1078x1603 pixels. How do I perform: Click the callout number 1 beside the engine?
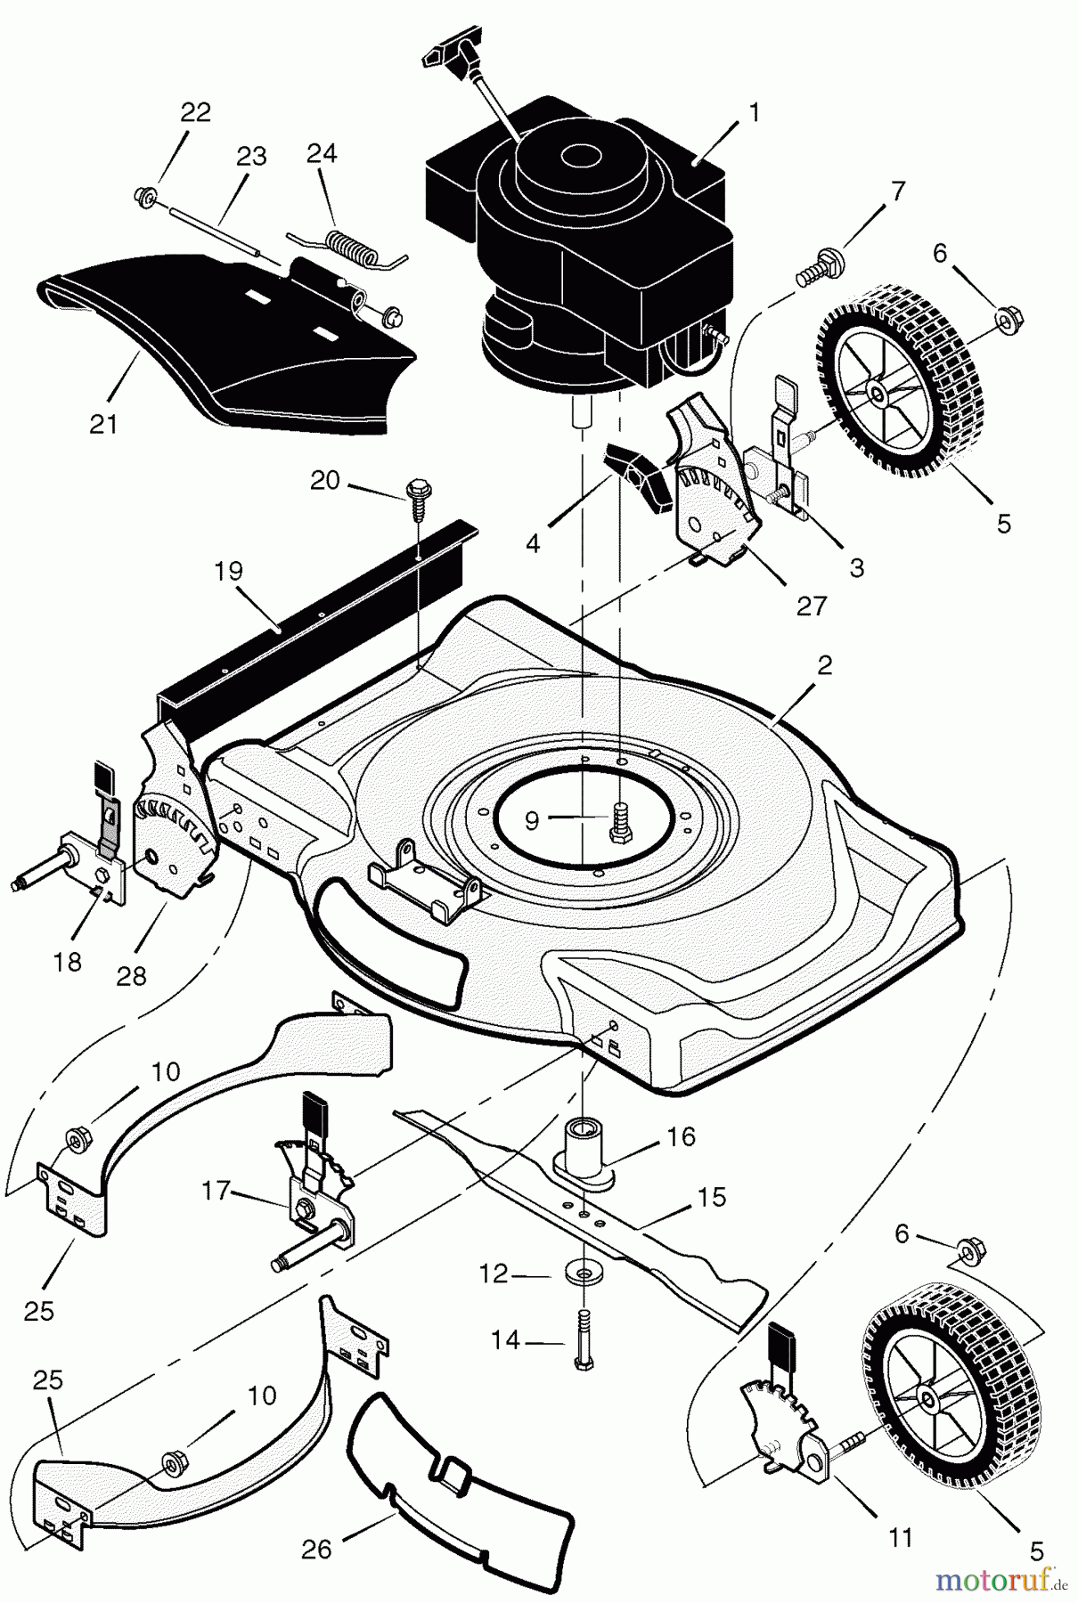click(x=754, y=113)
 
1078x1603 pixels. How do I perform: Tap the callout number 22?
click(x=196, y=112)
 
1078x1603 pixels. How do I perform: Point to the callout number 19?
click(x=229, y=571)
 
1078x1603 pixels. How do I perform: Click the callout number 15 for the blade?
click(x=713, y=1197)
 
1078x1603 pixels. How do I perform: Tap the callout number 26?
click(x=316, y=1550)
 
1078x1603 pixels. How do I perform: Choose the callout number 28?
click(x=131, y=976)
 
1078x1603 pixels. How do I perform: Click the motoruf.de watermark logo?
click(x=996, y=1579)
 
